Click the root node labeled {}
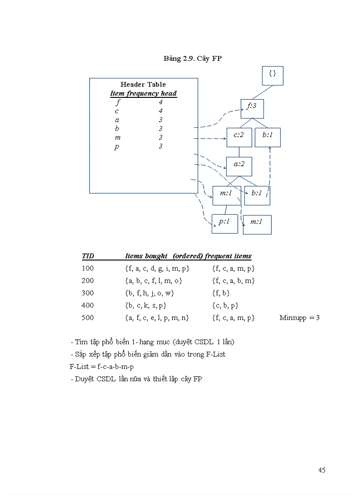coord(272,75)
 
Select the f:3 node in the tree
coord(252,108)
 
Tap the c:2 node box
coord(239,137)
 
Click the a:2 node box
coord(239,167)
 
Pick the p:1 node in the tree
coord(225,223)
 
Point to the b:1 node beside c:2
coord(267,137)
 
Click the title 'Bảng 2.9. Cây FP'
coord(192,59)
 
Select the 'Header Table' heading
coord(143,84)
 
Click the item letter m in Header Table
coord(117,138)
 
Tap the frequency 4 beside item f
coord(161,102)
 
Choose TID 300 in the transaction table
coord(88,293)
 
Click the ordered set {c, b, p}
coord(225,305)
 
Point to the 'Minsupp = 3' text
coord(300,317)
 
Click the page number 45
coord(322,470)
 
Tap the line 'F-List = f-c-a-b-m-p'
coord(101,366)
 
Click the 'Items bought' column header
coord(146,256)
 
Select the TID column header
coord(88,256)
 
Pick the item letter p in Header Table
coord(116,147)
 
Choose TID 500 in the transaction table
coord(88,317)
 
